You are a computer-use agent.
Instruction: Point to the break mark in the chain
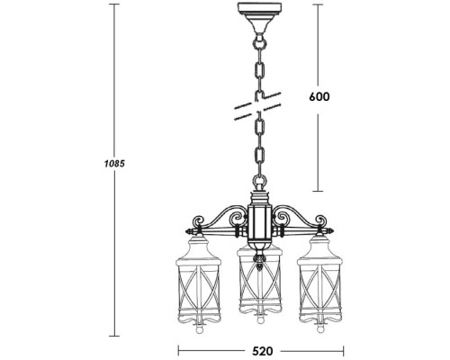click(256, 107)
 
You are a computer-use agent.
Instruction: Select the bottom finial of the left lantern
click(199, 326)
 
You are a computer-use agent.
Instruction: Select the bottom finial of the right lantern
click(319, 326)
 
